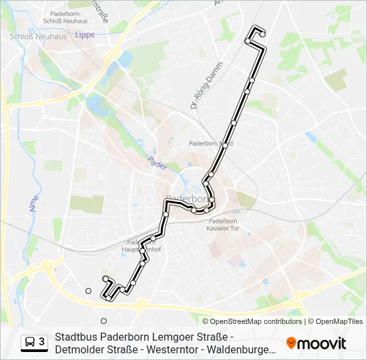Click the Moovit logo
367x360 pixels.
click(316, 343)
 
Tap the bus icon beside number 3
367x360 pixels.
click(31, 342)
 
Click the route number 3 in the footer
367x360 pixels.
click(42, 342)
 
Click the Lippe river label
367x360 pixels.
click(85, 34)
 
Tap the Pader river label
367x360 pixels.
click(157, 163)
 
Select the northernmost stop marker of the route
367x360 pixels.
click(263, 33)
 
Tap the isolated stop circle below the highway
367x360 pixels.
click(103, 320)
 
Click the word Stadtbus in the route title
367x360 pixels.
click(76, 337)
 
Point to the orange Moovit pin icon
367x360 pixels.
click(291, 343)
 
